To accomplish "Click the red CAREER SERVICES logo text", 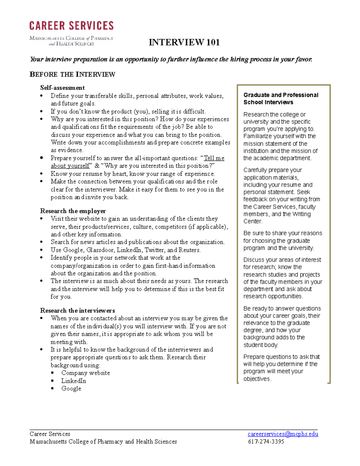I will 71,26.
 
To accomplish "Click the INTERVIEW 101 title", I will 184,42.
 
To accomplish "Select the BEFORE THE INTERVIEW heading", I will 72,74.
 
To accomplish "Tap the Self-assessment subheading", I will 62,88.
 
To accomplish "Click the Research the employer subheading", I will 73,211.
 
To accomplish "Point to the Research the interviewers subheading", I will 77,311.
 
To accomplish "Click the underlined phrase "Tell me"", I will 214,158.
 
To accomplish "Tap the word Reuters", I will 189,250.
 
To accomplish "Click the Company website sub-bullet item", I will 85,373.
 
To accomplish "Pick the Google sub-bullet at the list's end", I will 71,389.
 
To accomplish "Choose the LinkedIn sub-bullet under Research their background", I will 73,381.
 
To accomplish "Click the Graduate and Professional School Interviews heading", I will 281,98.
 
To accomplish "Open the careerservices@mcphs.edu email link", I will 283,434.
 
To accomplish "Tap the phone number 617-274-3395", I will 266,442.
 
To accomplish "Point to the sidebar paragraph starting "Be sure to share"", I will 283,241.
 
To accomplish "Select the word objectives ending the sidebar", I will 257,379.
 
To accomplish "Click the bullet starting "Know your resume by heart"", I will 133,174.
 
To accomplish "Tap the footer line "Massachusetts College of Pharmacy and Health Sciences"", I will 103,442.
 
